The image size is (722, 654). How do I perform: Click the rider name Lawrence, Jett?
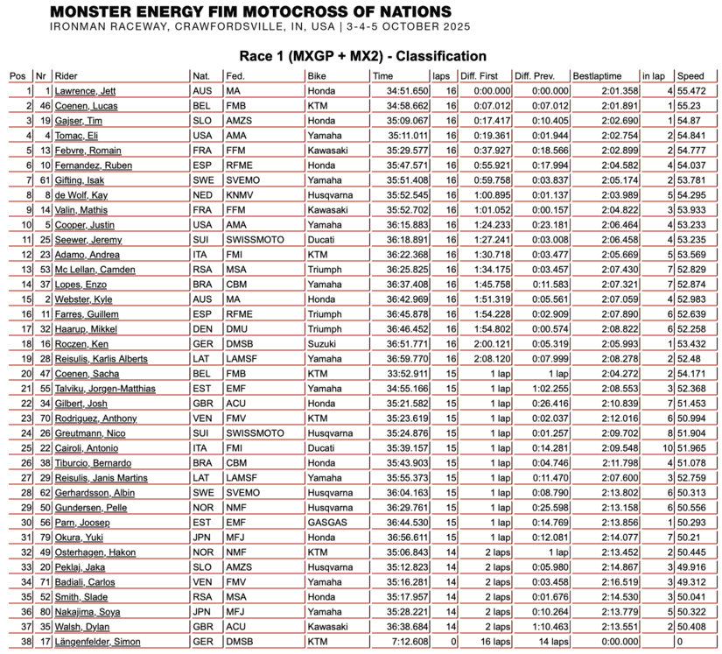pyautogui.click(x=85, y=91)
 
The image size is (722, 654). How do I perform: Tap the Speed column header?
pyautogui.click(x=690, y=76)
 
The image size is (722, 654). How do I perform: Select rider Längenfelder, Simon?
pyautogui.click(x=97, y=642)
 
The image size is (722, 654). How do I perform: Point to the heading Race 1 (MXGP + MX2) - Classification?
pyautogui.click(x=362, y=56)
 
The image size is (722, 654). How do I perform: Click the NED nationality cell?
pyautogui.click(x=201, y=194)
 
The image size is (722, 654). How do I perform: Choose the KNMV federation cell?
pyautogui.click(x=241, y=194)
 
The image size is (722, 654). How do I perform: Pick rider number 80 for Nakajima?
pyautogui.click(x=42, y=612)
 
